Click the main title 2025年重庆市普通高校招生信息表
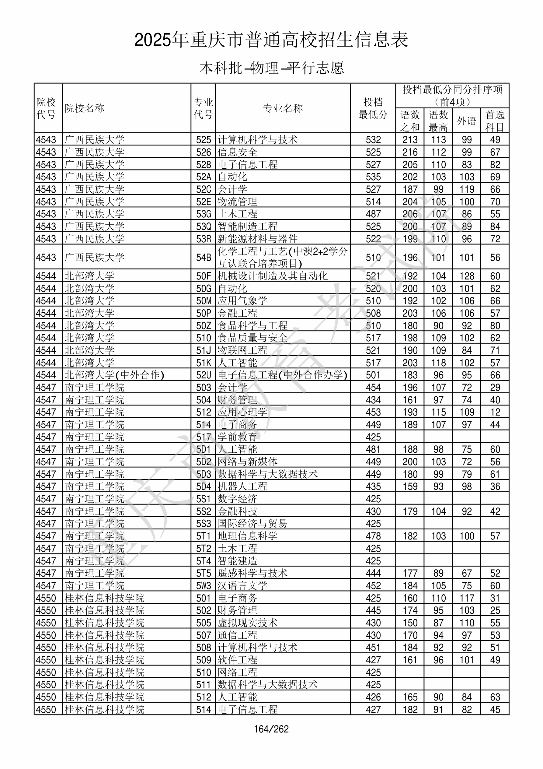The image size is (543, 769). tap(271, 40)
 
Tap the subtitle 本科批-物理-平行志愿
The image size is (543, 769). tap(271, 68)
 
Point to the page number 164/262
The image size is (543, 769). tap(271, 729)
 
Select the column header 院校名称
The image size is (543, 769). tap(85, 108)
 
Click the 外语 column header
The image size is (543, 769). tap(466, 121)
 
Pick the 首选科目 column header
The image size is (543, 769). tap(495, 121)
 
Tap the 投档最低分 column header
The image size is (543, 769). tap(373, 108)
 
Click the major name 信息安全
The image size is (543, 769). tap(237, 152)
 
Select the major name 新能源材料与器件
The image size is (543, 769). tap(257, 239)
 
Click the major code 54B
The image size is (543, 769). tap(204, 257)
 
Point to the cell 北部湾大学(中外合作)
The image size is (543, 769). tap(114, 375)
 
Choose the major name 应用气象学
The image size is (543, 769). tap(242, 300)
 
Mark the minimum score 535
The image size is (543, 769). tap(373, 177)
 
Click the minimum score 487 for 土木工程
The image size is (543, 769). tap(373, 214)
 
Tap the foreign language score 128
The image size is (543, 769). tap(467, 276)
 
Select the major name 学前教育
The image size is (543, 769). tap(237, 437)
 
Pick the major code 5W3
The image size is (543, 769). tap(204, 586)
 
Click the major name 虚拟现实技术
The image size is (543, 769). tap(247, 623)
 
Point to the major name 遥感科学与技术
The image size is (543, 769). tap(252, 573)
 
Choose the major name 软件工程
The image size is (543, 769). tap(237, 660)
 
